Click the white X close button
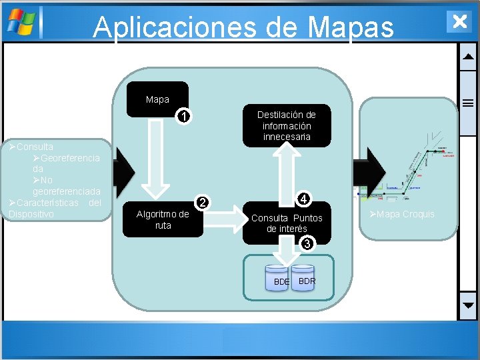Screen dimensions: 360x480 [x=459, y=21]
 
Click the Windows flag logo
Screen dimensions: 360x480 [x=21, y=21]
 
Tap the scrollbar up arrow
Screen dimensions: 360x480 [x=468, y=57]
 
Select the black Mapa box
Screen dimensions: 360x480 [x=157, y=99]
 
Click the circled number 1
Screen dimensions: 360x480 [x=187, y=117]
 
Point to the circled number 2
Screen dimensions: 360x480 [x=204, y=202]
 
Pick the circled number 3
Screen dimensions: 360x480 [x=306, y=244]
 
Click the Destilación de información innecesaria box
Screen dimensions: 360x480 [x=287, y=125]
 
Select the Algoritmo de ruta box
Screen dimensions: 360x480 [x=163, y=219]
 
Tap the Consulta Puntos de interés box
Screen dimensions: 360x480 [x=287, y=223]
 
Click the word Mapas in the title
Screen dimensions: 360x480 [x=351, y=27]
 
